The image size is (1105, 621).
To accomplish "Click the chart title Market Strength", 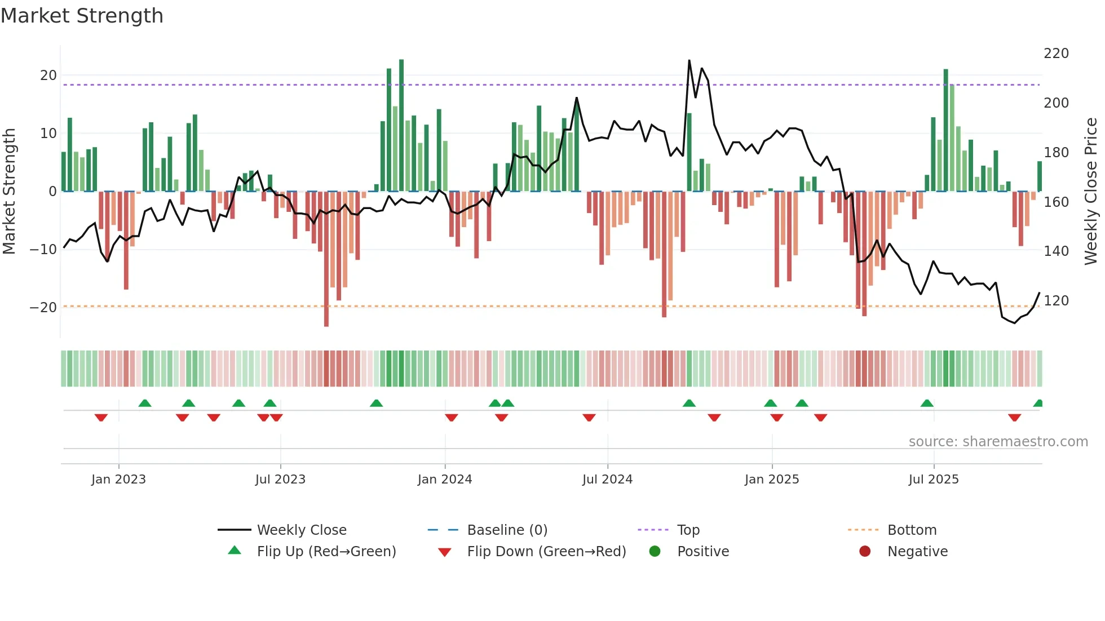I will click(x=82, y=16).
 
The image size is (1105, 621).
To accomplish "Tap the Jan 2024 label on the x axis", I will click(x=444, y=480).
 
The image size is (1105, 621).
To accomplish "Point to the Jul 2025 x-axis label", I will click(x=933, y=480).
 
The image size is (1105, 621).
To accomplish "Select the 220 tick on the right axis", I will click(x=1056, y=54).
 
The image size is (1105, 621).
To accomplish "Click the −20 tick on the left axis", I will click(x=43, y=308).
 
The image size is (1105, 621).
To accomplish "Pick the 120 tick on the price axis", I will click(x=1056, y=301).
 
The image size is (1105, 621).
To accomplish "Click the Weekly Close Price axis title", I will click(x=1091, y=192).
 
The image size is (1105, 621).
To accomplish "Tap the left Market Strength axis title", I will click(x=9, y=192).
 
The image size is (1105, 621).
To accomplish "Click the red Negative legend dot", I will click(x=864, y=551).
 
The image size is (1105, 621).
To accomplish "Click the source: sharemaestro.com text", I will click(x=998, y=442).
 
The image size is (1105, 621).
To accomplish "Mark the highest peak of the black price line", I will click(x=689, y=60).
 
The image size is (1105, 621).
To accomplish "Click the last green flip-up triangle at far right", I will click(x=1038, y=403).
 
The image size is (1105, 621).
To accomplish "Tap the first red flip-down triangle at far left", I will click(x=101, y=418).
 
